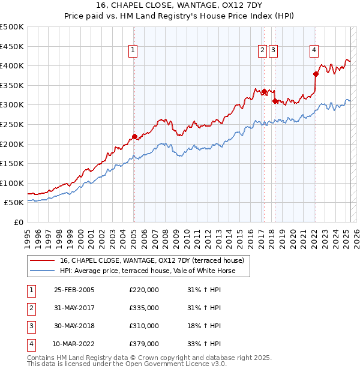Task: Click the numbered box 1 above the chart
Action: click(133, 51)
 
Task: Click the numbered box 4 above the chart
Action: click(314, 51)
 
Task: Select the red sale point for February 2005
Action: click(134, 136)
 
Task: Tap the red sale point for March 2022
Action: click(316, 74)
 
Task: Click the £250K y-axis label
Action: click(12, 124)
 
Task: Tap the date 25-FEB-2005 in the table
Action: click(74, 290)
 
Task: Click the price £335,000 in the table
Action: click(144, 308)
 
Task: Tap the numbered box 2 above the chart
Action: click(263, 51)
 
